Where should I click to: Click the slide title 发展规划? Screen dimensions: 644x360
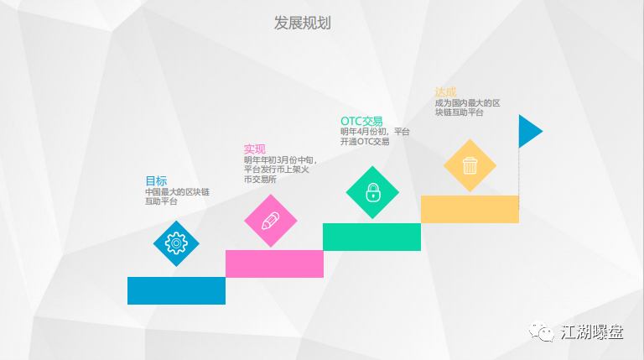[x=302, y=23]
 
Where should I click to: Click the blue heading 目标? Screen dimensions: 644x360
[x=156, y=180]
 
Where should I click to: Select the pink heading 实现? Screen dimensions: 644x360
[x=255, y=149]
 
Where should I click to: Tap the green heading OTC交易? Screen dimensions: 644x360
[x=361, y=121]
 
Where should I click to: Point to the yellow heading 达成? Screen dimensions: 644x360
[x=445, y=92]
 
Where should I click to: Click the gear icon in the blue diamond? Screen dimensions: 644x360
[x=176, y=243]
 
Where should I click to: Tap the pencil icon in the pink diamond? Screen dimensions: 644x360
[x=271, y=221]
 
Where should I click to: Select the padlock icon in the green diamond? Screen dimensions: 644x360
[x=373, y=192]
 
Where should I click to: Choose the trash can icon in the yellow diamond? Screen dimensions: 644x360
[x=470, y=165]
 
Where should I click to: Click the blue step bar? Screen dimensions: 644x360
[x=176, y=290]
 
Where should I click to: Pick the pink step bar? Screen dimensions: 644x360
[x=274, y=263]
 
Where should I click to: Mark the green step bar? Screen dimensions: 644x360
[x=371, y=237]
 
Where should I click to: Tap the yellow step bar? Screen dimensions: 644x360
[x=470, y=209]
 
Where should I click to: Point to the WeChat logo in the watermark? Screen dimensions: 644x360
[x=542, y=331]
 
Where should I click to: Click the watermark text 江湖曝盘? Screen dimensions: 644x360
[x=592, y=332]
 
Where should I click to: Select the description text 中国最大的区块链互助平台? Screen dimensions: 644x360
[x=177, y=196]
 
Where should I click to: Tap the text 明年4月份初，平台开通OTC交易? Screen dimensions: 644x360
[x=375, y=137]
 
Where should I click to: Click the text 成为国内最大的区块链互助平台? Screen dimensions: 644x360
[x=467, y=107]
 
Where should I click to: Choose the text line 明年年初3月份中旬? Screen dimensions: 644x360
[x=280, y=160]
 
